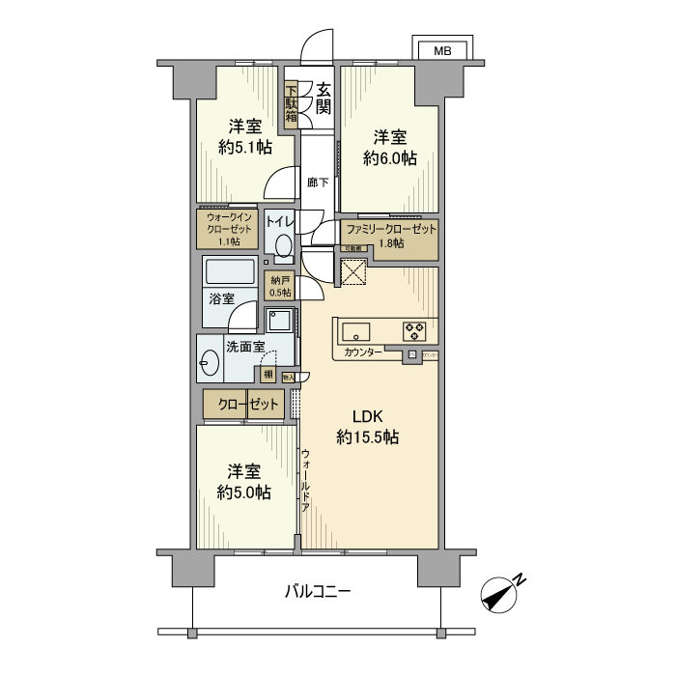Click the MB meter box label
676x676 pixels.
click(441, 50)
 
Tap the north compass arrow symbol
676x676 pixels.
click(502, 594)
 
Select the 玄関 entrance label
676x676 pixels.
click(317, 98)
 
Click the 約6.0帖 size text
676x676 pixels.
click(390, 157)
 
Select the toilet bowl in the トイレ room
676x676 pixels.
click(282, 248)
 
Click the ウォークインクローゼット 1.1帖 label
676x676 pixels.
click(228, 231)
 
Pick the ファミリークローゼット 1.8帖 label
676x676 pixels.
click(391, 237)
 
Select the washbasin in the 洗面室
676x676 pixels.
click(210, 363)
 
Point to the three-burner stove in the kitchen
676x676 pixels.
click(415, 330)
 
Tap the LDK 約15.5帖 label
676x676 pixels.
click(368, 427)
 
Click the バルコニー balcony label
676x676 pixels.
click(317, 591)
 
